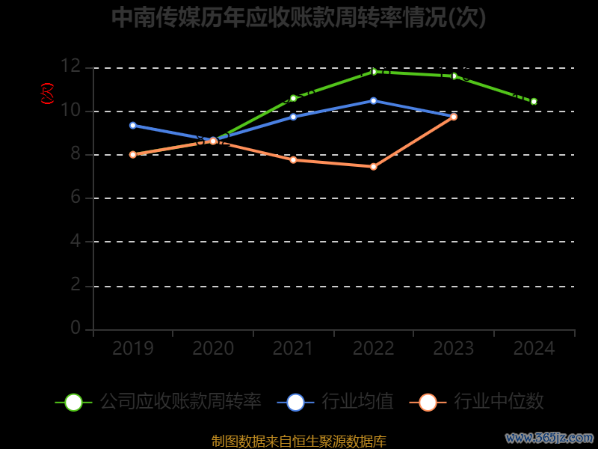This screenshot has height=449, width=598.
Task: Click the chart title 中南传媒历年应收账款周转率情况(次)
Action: pyautogui.click(x=299, y=17)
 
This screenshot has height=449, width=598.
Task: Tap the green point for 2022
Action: pyautogui.click(x=374, y=72)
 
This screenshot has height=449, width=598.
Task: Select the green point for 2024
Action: pyautogui.click(x=534, y=101)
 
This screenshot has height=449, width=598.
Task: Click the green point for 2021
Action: pyautogui.click(x=293, y=98)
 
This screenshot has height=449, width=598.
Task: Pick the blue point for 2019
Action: pyautogui.click(x=133, y=125)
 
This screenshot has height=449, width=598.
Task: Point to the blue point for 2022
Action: pyautogui.click(x=374, y=100)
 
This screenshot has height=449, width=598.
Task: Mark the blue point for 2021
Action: pyautogui.click(x=293, y=117)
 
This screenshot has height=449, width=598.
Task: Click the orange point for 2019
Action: pyautogui.click(x=133, y=154)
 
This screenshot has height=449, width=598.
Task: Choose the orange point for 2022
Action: pyautogui.click(x=374, y=166)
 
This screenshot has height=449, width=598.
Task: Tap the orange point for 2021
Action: pyautogui.click(x=293, y=159)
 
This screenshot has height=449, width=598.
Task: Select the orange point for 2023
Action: pyautogui.click(x=454, y=117)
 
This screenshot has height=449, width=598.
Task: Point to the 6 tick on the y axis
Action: pyautogui.click(x=75, y=198)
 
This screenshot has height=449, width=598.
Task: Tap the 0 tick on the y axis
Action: pyautogui.click(x=75, y=328)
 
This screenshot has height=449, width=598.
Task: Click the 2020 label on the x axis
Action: pyautogui.click(x=213, y=349)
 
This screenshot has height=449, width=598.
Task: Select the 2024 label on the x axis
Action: pyautogui.click(x=534, y=349)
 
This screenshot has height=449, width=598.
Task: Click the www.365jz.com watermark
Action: pyautogui.click(x=549, y=438)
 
